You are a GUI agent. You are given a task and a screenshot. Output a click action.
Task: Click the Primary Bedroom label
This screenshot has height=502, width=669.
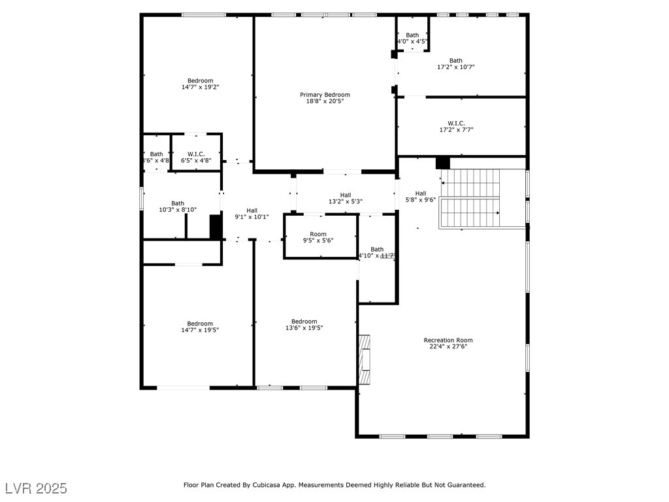click(325, 95)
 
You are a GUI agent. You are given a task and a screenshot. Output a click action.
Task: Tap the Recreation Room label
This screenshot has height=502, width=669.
click(448, 340)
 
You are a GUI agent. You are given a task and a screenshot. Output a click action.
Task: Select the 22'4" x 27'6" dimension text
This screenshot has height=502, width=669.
click(448, 346)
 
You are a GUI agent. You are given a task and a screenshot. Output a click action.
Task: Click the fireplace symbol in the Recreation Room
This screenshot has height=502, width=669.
click(365, 360)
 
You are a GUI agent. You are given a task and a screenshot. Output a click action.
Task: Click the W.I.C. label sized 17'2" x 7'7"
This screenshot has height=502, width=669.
click(456, 123)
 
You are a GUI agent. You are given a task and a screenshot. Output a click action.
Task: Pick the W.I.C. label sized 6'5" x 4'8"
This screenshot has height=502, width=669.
click(196, 154)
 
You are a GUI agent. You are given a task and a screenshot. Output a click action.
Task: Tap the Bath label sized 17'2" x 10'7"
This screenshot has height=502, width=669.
click(455, 61)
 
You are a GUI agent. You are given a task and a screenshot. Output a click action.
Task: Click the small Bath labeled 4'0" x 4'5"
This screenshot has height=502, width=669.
click(412, 35)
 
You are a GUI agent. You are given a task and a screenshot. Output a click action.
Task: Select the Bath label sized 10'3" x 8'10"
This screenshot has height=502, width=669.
click(178, 203)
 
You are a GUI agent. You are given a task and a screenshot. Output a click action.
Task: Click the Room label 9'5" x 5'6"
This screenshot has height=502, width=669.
click(318, 234)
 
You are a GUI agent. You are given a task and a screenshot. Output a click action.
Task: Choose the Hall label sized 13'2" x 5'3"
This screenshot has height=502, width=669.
click(345, 195)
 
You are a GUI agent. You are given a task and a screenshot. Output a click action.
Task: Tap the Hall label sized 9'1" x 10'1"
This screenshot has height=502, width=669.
click(252, 210)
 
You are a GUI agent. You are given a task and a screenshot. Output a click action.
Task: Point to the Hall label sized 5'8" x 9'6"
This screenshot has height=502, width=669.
click(420, 193)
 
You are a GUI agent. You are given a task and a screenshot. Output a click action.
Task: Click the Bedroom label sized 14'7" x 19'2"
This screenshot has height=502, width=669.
click(200, 81)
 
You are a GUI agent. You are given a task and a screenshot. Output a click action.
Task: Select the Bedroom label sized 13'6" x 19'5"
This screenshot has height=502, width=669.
click(304, 322)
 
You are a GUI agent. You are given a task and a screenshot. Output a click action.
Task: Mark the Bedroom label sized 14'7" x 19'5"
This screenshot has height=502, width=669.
click(200, 324)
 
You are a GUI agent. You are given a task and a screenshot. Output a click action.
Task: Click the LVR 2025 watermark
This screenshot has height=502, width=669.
click(35, 488)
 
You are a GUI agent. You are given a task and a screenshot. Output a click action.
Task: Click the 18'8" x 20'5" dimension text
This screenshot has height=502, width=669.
click(325, 101)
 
